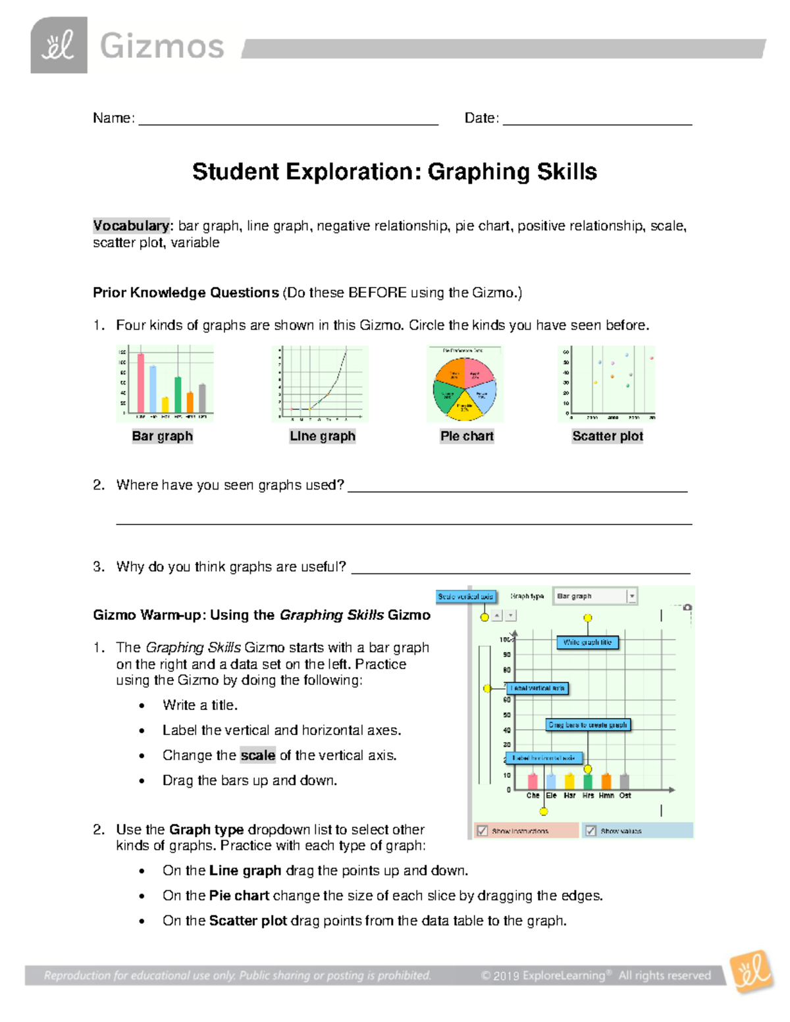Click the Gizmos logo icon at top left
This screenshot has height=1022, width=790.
(x=59, y=45)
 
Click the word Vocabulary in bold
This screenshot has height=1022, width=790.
(x=131, y=226)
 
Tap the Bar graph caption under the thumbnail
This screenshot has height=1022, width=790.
(x=162, y=436)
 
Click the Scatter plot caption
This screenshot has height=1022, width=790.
(x=607, y=436)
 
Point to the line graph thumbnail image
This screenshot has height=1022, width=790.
(x=321, y=384)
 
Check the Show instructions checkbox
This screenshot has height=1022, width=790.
(x=483, y=830)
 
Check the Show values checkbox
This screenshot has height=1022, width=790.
(x=591, y=830)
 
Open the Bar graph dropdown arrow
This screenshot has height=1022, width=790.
(x=631, y=596)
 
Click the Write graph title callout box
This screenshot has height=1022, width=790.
(x=587, y=642)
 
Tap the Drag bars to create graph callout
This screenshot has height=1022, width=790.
(x=588, y=725)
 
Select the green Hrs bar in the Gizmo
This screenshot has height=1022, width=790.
(x=588, y=781)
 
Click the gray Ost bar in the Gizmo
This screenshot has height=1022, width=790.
(x=625, y=781)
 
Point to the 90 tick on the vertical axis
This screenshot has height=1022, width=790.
(x=507, y=655)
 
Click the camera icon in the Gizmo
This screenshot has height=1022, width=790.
(x=687, y=607)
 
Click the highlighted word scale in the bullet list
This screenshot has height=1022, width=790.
(x=257, y=755)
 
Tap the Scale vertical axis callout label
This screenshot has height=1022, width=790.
(x=465, y=596)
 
